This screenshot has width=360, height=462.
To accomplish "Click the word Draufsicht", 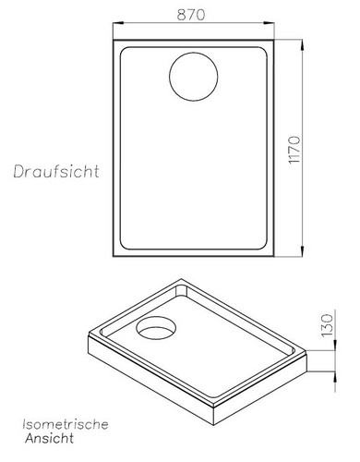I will (x=56, y=172).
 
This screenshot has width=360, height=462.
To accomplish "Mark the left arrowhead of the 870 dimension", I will (x=114, y=26).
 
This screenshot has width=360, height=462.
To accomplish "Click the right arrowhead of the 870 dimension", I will (x=275, y=26).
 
